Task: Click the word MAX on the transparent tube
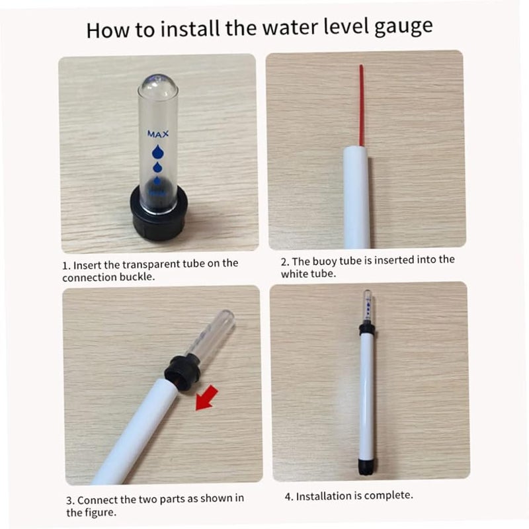158,134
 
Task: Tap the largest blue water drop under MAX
157,152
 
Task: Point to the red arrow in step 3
206,398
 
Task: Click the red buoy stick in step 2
361,105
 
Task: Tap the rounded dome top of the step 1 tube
157,85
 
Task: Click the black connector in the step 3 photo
183,372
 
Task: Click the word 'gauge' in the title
403,27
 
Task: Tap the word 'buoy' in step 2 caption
325,261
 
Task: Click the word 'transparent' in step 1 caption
151,264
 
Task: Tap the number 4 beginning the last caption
288,497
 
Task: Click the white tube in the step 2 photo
356,197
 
